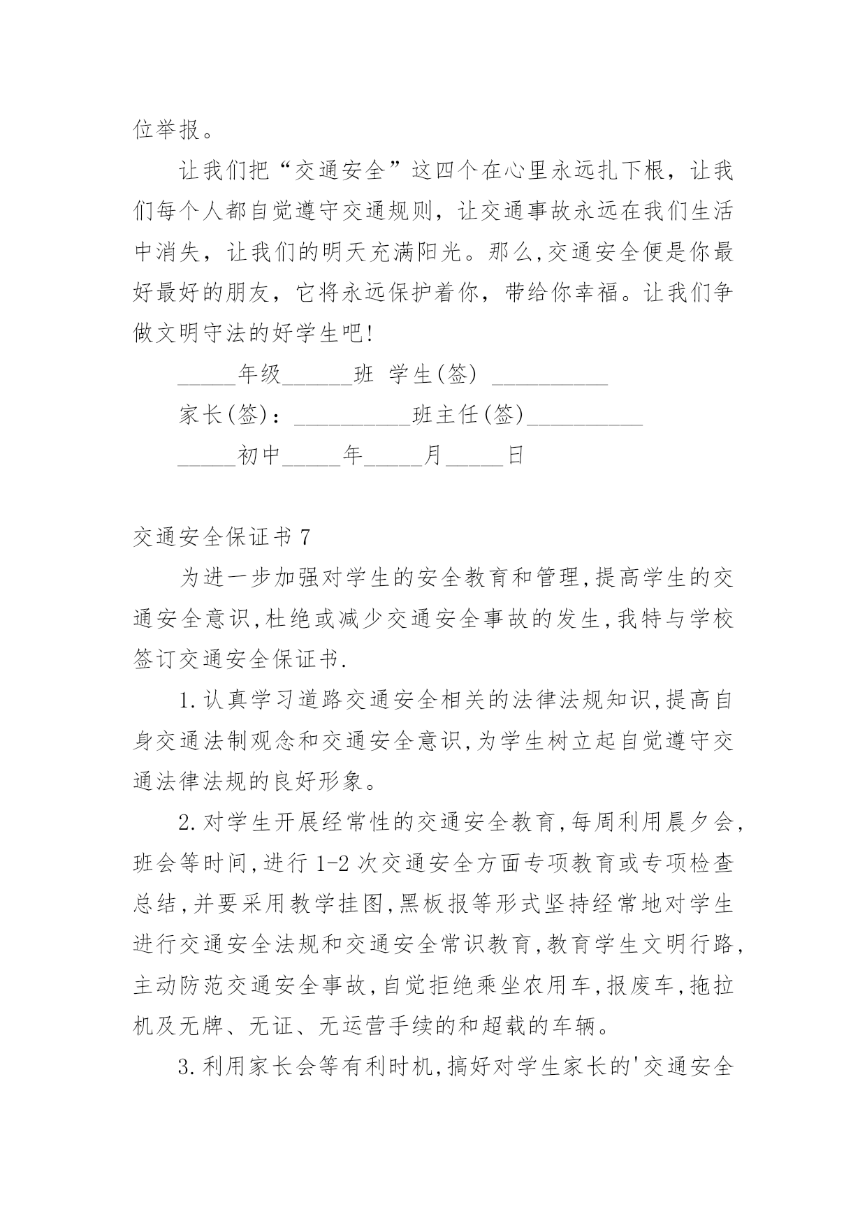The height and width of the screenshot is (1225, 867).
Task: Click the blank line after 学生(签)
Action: pyautogui.click(x=551, y=377)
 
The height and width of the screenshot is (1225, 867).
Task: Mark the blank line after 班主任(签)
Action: pyautogui.click(x=585, y=418)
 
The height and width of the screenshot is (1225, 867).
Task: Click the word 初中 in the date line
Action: pyautogui.click(x=259, y=457)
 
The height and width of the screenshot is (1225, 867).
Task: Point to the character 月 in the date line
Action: pyautogui.click(x=435, y=457)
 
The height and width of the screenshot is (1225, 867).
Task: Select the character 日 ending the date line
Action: pyautogui.click(x=516, y=457)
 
